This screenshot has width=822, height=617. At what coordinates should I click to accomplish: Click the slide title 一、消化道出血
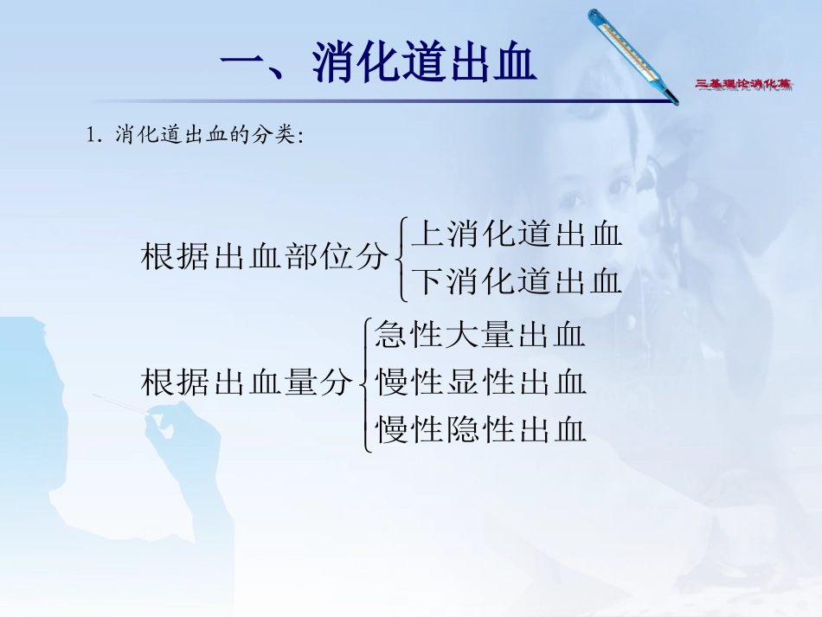point(378,65)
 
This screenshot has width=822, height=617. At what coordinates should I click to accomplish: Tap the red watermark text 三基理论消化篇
point(744,84)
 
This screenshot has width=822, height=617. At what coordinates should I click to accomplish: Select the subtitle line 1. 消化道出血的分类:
point(195,137)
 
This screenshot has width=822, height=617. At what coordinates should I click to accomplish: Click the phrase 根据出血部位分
point(264,257)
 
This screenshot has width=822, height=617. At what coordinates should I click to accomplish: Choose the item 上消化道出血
point(517,234)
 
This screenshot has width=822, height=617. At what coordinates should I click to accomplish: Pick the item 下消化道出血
point(517,281)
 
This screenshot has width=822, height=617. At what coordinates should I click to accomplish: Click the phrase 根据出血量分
point(247,382)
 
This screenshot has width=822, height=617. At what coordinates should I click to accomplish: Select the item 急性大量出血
point(480,335)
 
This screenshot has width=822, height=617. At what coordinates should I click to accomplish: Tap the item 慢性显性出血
point(480,382)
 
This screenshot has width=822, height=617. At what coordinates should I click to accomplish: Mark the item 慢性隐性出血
point(480,428)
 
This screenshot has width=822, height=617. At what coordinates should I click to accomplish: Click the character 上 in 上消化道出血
point(427,234)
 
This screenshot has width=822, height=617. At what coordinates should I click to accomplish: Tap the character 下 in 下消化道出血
point(427,281)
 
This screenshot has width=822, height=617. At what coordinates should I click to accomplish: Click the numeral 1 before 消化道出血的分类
point(91,137)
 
